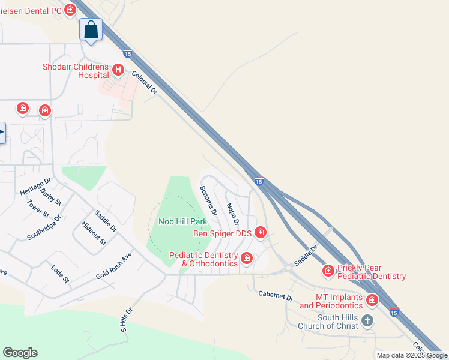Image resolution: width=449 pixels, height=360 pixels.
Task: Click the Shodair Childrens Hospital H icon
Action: pyautogui.click(x=118, y=70)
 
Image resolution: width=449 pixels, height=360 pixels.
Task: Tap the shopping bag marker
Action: pyautogui.click(x=91, y=29)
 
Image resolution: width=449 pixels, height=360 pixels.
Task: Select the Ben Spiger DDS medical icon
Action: pyautogui.click(x=260, y=232)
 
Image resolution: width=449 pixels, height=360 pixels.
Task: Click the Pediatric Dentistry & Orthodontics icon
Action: pyautogui.click(x=246, y=259)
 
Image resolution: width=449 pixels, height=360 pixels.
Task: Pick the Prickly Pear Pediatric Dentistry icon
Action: pyautogui.click(x=328, y=271)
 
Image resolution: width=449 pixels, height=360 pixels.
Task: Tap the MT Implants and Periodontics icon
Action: pyautogui.click(x=372, y=300)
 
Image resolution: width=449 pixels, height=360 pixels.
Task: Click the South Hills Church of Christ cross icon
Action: pyautogui.click(x=367, y=321)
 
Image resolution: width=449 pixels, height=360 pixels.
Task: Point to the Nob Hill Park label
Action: pyautogui.click(x=182, y=221)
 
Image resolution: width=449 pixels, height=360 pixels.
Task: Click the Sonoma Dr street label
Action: pyautogui.click(x=208, y=200)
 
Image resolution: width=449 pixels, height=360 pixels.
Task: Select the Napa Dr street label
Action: pyautogui.click(x=232, y=214)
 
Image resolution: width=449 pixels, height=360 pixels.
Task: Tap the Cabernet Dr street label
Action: pyautogui.click(x=275, y=296)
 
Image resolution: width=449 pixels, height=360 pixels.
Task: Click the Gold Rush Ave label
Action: pyautogui.click(x=113, y=266)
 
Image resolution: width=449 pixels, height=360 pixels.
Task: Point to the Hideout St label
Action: pyautogui.click(x=94, y=233)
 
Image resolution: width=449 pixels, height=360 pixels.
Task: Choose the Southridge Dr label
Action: pyautogui.click(x=44, y=227)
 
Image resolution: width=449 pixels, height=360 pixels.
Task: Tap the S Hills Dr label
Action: pyautogui.click(x=125, y=320)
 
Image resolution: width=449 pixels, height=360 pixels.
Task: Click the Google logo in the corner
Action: pyautogui.click(x=20, y=353)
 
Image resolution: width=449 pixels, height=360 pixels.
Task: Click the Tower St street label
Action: pyautogui.click(x=38, y=207)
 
